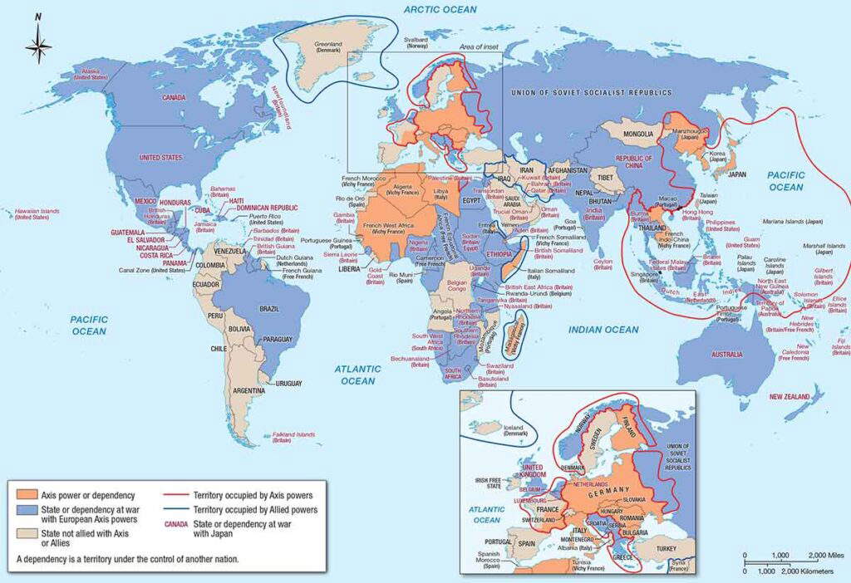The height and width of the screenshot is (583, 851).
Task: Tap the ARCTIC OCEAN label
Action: coord(440,9)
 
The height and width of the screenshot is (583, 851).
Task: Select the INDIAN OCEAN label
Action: coord(603,330)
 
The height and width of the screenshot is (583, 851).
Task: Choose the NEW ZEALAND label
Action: coord(789,397)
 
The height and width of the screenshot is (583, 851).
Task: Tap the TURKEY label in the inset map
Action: coord(671,549)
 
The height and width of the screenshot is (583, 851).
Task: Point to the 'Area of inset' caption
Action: coord(480,47)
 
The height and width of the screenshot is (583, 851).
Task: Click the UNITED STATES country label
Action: coord(159,157)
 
